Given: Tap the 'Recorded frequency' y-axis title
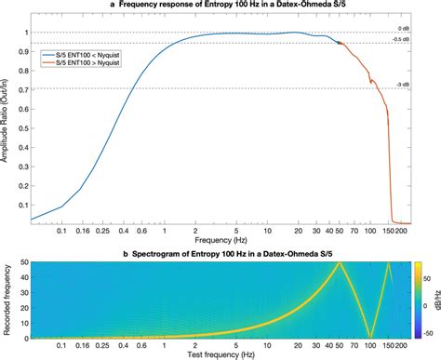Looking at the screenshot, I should pos(8,300).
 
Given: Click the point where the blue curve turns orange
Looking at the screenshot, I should pos(340,43).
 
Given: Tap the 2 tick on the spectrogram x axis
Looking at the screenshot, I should pos(194,346).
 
